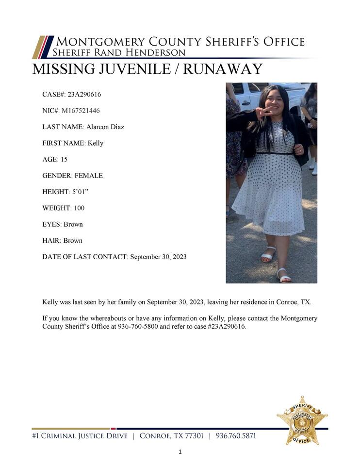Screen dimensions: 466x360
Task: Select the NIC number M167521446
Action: point(81,111)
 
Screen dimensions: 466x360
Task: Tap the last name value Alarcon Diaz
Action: point(105,127)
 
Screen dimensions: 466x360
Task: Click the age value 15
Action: point(64,159)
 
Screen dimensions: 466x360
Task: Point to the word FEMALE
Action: point(88,175)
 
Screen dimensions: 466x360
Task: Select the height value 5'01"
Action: point(77,192)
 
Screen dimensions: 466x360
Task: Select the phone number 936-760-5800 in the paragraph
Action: point(138,327)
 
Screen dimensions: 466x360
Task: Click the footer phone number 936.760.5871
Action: point(236,436)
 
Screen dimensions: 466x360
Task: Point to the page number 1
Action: point(180,452)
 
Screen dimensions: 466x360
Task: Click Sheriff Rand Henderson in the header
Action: point(119,52)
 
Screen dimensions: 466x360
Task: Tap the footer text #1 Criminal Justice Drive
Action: point(80,436)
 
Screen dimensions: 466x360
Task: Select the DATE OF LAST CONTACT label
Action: point(84,257)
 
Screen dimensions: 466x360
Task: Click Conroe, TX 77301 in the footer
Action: point(171,436)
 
